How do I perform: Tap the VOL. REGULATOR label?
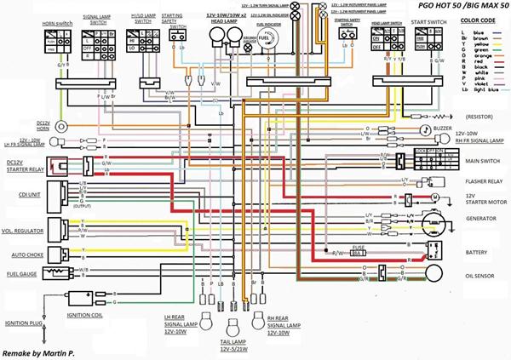(x=22, y=230)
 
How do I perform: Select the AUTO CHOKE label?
(x=20, y=254)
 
